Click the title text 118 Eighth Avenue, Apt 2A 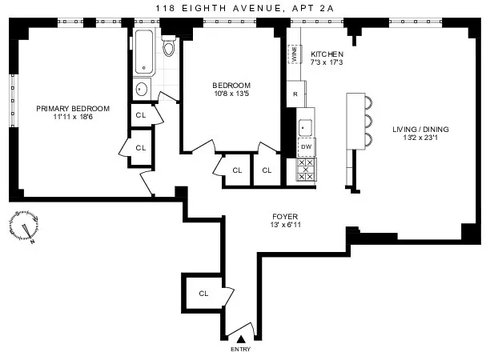pyautogui.click(x=245, y=7)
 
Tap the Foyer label pyautogui.click(x=286, y=214)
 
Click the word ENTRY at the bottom pyautogui.click(x=240, y=350)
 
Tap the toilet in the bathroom pyautogui.click(x=168, y=47)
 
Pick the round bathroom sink pyautogui.click(x=141, y=89)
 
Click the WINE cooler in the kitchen pyautogui.click(x=293, y=53)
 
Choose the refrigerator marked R pyautogui.click(x=295, y=94)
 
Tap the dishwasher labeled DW pyautogui.click(x=306, y=146)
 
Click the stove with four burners pyautogui.click(x=306, y=170)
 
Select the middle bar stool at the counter pyautogui.click(x=369, y=121)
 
